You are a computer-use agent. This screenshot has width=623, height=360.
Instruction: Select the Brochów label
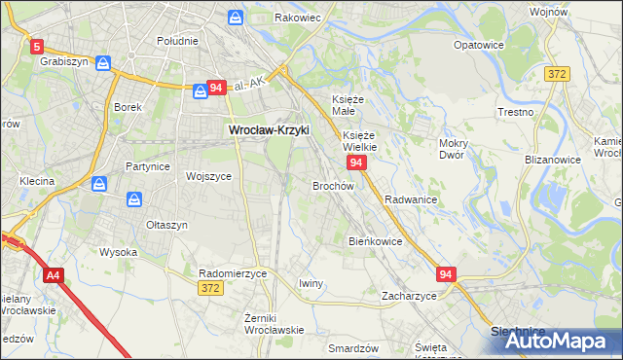click(x=332, y=185)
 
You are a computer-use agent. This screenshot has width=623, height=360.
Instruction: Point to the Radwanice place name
click(x=410, y=198)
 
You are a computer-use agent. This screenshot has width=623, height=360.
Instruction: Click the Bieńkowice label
click(x=375, y=240)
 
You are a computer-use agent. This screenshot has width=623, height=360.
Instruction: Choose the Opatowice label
click(x=479, y=45)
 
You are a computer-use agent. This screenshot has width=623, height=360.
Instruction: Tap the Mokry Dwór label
click(x=454, y=149)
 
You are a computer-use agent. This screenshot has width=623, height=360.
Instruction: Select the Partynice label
click(x=148, y=166)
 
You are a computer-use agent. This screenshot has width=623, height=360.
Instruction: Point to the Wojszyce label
click(x=208, y=176)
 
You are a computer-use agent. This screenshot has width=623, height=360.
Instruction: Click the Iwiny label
click(x=311, y=283)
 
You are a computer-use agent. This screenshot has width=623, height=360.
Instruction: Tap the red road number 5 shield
click(x=37, y=46)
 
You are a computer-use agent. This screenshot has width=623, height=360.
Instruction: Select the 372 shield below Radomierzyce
click(x=209, y=288)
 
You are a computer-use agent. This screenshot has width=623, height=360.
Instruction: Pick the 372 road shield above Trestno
click(x=557, y=74)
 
